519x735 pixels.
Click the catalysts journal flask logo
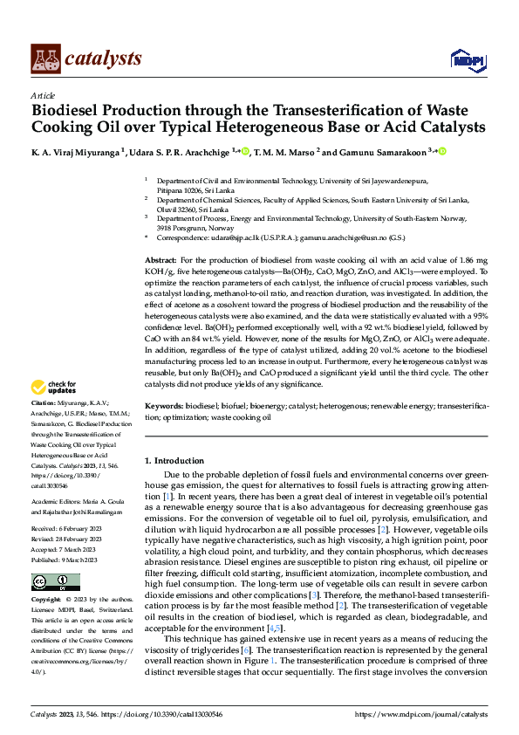[45, 58]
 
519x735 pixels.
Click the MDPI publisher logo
[466, 58]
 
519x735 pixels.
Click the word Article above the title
[43, 95]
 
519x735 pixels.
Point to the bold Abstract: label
[160, 261]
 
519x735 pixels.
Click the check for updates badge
[55, 387]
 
